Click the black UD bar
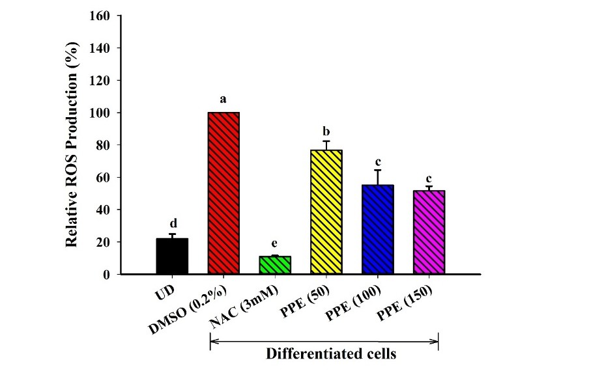click(x=172, y=256)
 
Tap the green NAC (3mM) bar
click(x=275, y=265)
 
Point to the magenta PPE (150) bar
click(x=429, y=232)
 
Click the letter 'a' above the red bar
click(x=223, y=100)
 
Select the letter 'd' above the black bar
click(x=172, y=223)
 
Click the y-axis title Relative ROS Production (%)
click(x=73, y=144)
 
